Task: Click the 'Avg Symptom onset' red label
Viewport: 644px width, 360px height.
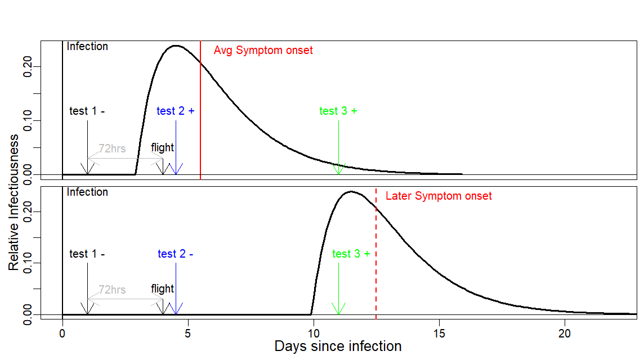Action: click(x=263, y=51)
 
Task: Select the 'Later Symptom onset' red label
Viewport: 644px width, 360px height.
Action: click(x=439, y=196)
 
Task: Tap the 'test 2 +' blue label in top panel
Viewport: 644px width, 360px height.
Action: click(x=176, y=111)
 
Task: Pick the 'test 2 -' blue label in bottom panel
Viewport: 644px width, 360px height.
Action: click(x=176, y=254)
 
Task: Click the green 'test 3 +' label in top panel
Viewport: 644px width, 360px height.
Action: click(x=338, y=111)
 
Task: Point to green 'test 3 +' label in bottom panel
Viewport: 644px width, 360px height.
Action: click(x=351, y=254)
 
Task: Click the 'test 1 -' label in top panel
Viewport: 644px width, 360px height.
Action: click(x=87, y=111)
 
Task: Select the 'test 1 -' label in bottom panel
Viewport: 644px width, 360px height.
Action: click(x=87, y=254)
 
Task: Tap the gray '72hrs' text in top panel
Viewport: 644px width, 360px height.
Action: click(x=112, y=148)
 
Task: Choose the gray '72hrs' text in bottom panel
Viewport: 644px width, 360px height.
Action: click(x=112, y=290)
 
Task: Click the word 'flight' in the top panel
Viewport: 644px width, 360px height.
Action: click(x=163, y=148)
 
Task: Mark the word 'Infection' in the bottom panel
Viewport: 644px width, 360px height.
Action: click(x=87, y=192)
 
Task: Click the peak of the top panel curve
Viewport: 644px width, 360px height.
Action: click(x=176, y=46)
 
